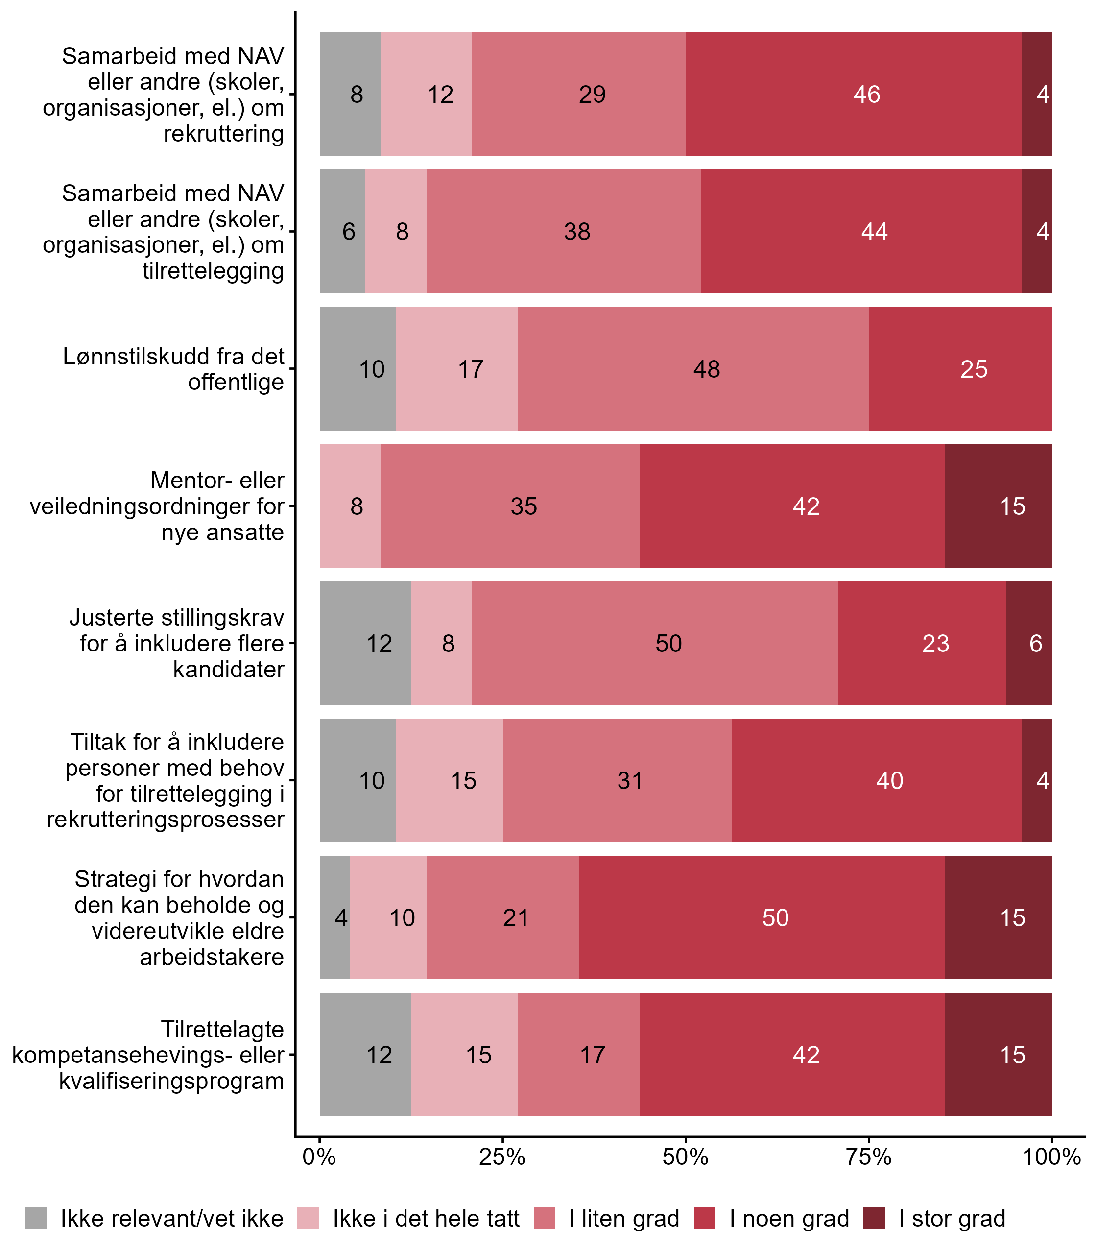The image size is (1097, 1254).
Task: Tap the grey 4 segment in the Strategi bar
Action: pyautogui.click(x=335, y=918)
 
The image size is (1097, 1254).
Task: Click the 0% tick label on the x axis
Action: pyautogui.click(x=319, y=1157)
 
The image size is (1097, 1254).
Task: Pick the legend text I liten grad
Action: pyautogui.click(x=624, y=1219)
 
